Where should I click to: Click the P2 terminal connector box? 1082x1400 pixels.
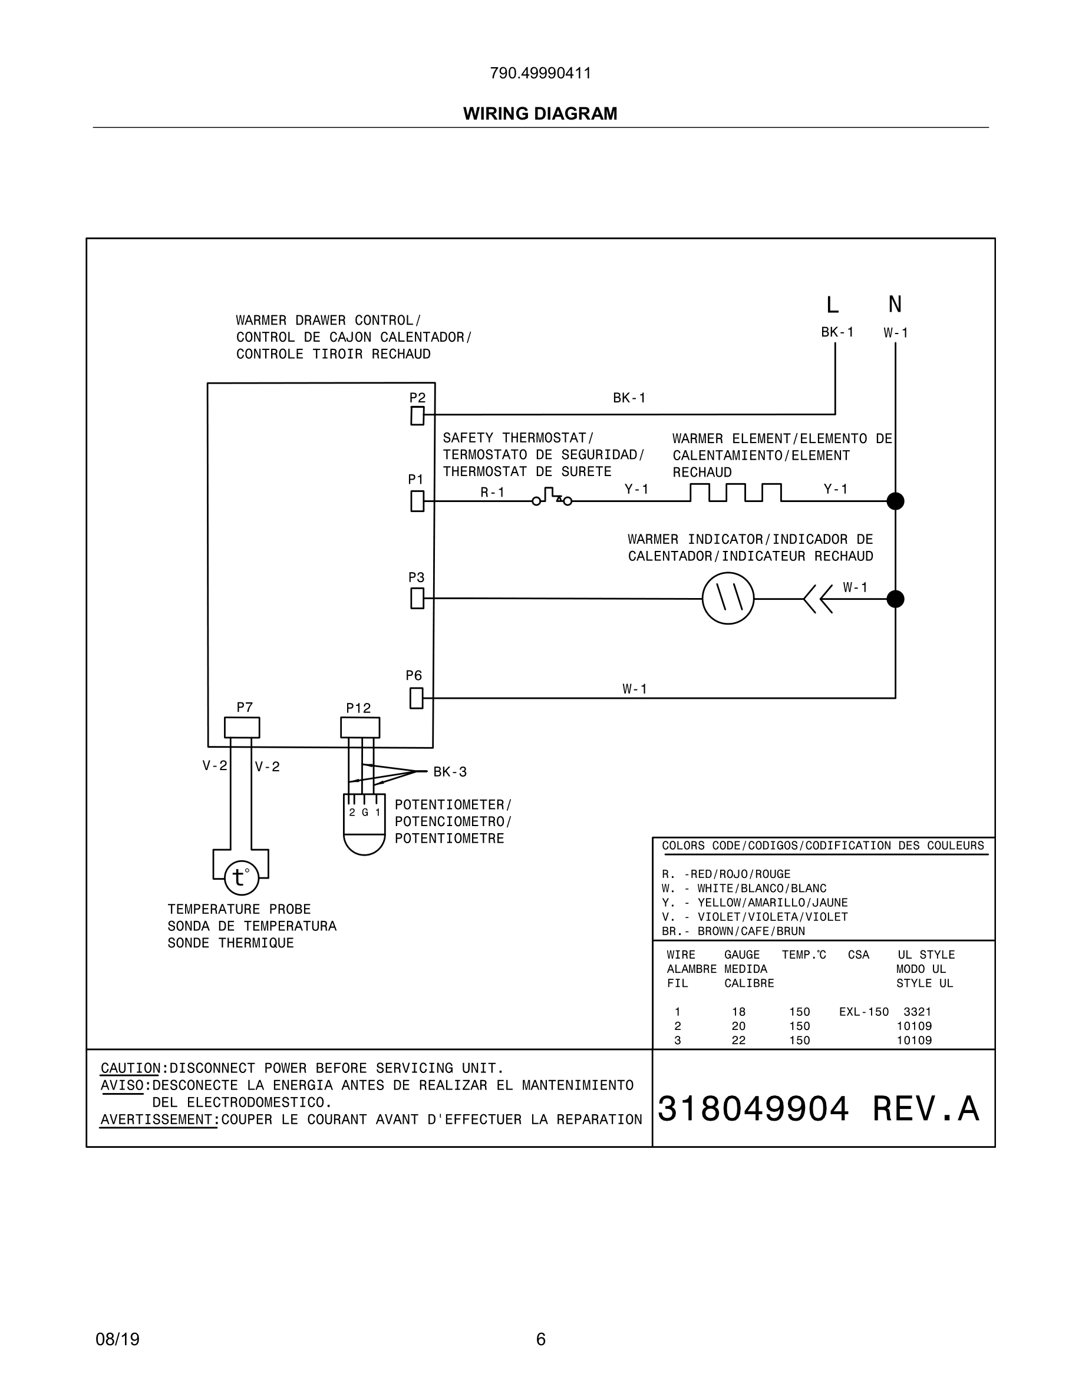tap(417, 416)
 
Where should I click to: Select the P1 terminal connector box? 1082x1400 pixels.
tap(417, 501)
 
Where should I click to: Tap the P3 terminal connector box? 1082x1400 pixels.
tap(417, 599)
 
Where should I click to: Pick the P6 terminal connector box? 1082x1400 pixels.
tap(416, 698)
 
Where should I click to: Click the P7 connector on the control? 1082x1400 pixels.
tap(242, 728)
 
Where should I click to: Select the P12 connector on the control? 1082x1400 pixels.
tap(359, 728)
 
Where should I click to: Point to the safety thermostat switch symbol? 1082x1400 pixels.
tap(552, 497)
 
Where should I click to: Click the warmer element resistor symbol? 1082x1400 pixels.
tap(735, 493)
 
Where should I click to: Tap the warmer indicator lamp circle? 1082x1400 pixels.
tap(728, 599)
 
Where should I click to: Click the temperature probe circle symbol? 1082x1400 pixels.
tap(242, 877)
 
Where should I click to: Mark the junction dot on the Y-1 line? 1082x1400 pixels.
tap(895, 501)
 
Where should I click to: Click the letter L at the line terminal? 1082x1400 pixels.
tap(832, 305)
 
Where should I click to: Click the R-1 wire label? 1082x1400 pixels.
tap(492, 493)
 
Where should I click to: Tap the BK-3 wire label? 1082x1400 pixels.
tap(450, 772)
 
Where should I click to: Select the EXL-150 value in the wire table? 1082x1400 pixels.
tap(863, 1012)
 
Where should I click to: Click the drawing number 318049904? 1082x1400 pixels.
tap(753, 1108)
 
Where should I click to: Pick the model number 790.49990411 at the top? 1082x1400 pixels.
tap(540, 73)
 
